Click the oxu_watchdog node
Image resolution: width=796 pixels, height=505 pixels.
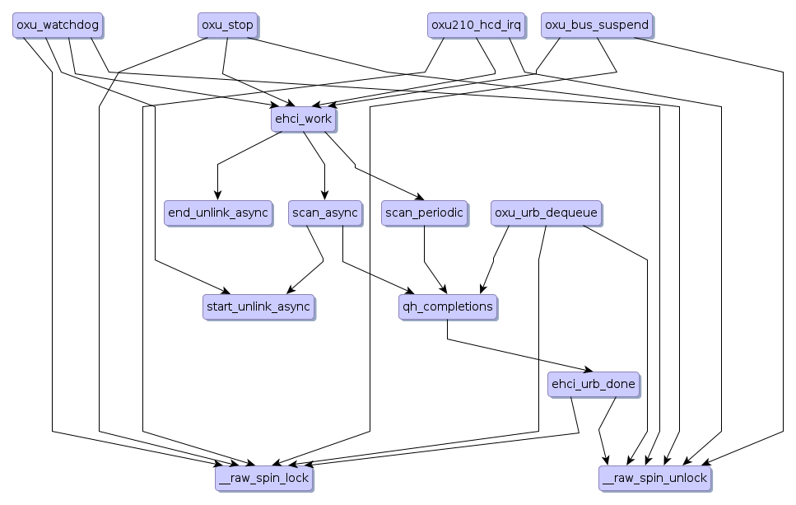click(58, 25)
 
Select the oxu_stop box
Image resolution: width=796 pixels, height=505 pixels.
click(227, 25)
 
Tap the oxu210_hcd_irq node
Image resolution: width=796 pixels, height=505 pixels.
click(476, 25)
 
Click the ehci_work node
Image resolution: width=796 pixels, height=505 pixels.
click(302, 119)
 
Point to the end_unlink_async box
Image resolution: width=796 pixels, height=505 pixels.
click(217, 213)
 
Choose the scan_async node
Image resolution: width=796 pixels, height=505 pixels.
click(324, 213)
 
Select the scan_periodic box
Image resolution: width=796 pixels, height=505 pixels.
click(424, 213)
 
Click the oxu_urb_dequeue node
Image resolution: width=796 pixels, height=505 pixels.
click(545, 213)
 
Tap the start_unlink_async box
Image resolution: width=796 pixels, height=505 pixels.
click(258, 306)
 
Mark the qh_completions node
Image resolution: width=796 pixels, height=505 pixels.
click(447, 306)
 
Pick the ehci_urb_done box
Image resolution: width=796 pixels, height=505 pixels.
click(592, 384)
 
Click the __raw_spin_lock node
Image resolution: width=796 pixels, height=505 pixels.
click(263, 478)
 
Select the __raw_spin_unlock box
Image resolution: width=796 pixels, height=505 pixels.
click(654, 478)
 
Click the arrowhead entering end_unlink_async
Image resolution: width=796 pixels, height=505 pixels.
click(217, 196)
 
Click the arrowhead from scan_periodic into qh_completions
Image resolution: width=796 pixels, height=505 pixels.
click(445, 291)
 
